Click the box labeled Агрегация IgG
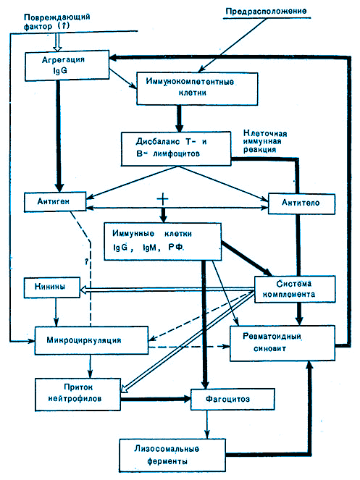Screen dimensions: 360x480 click(67, 65)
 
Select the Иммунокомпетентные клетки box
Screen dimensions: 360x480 click(197, 88)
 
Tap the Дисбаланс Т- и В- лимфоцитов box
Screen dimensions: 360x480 click(176, 148)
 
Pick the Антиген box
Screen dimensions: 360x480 click(55, 202)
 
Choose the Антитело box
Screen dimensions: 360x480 click(301, 203)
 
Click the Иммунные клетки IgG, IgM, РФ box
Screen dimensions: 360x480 click(162, 242)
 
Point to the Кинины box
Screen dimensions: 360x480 click(51, 287)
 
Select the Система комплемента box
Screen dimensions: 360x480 click(295, 290)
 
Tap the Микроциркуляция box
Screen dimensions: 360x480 click(91, 341)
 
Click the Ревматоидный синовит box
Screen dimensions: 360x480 click(282, 343)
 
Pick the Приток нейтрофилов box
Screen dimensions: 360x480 click(78, 395)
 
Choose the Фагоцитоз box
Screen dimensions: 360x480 click(233, 400)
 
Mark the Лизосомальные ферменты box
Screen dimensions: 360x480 click(172, 455)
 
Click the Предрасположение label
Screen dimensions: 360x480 click(266, 12)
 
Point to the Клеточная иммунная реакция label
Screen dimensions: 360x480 click(265, 141)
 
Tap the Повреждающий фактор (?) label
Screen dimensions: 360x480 click(57, 22)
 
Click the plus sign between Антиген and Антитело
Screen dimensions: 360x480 click(163, 199)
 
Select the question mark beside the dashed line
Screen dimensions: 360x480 click(87, 261)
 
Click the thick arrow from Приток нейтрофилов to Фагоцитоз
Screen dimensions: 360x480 click(156, 399)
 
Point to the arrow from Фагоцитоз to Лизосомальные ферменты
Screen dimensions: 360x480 click(207, 424)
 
